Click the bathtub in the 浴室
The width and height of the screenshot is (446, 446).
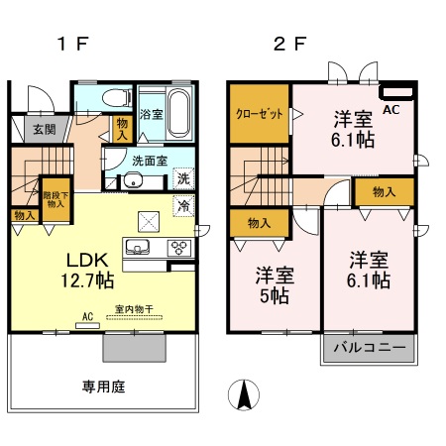(x=179, y=106)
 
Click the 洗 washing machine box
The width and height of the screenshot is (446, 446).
(x=183, y=179)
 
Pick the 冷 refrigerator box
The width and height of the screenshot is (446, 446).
(x=183, y=207)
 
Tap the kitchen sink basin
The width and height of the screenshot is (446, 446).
(x=137, y=247)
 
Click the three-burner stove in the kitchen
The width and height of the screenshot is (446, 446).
(x=179, y=248)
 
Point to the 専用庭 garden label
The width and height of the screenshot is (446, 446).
(x=104, y=386)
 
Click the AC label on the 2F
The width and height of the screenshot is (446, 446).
(x=390, y=110)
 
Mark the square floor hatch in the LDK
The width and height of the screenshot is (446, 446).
(x=148, y=221)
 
